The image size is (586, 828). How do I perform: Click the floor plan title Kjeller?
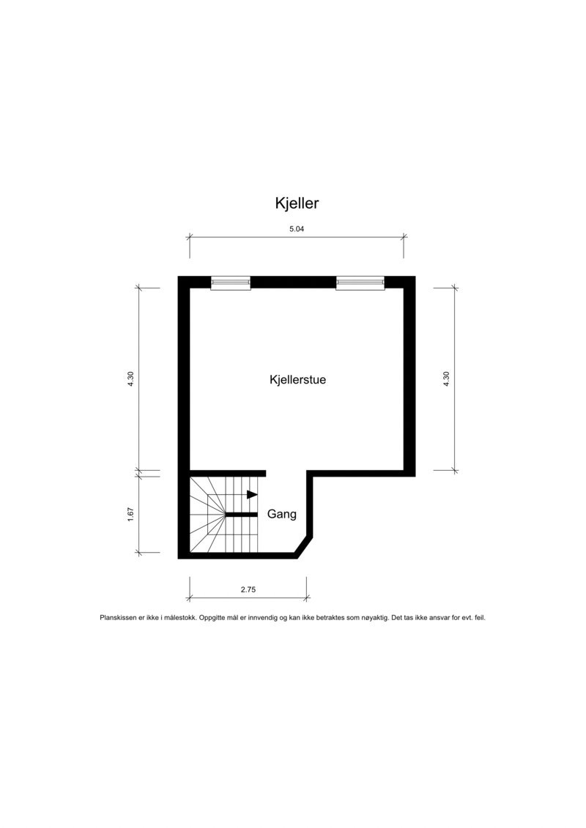(297, 203)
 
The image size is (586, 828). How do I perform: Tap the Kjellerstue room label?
(297, 380)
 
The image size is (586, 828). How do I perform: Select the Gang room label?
(282, 514)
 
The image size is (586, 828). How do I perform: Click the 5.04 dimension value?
(297, 228)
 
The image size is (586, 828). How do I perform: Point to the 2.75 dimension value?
(248, 589)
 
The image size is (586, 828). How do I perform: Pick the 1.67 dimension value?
(130, 514)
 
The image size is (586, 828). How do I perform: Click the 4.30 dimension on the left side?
(130, 379)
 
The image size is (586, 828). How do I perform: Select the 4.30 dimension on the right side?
(446, 379)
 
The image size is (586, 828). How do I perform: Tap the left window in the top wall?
(230, 283)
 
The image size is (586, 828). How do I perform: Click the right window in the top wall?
(360, 283)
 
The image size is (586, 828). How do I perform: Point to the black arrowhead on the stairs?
(252, 495)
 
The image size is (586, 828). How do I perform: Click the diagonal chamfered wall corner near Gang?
(304, 546)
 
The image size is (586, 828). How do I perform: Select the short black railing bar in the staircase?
(241, 515)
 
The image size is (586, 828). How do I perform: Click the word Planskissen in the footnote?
(119, 618)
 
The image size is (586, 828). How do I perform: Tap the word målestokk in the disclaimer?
(179, 618)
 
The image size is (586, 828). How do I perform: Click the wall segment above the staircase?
(227, 473)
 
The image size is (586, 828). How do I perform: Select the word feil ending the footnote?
(480, 618)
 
